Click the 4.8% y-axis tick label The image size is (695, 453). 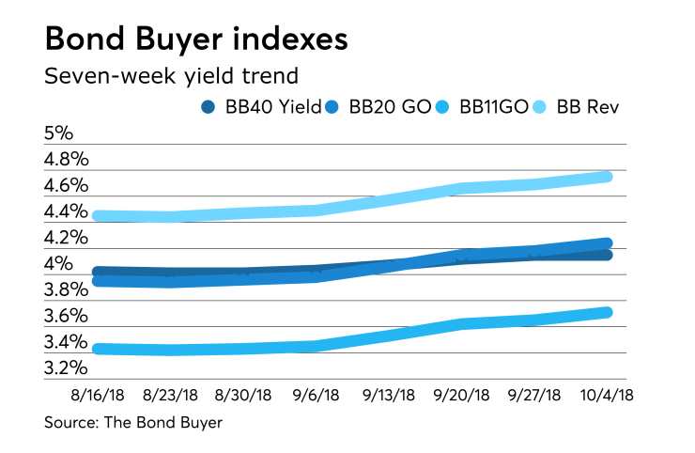[x=67, y=159]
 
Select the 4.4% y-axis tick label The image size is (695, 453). [x=67, y=211]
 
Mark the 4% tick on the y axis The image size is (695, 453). [x=58, y=264]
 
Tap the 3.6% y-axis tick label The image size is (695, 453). [x=67, y=317]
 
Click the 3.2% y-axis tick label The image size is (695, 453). [x=67, y=368]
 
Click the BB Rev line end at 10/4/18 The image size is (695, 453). [x=607, y=177]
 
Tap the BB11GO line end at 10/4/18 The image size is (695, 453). [x=607, y=312]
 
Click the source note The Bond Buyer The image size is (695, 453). [x=133, y=423]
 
